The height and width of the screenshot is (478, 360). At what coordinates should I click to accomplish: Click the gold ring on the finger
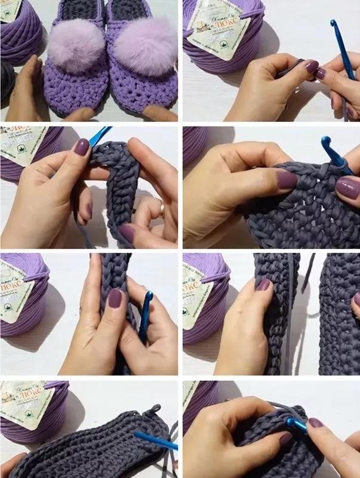coord(162,207)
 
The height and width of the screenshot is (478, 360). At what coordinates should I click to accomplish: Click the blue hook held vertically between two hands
coord(145,316)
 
